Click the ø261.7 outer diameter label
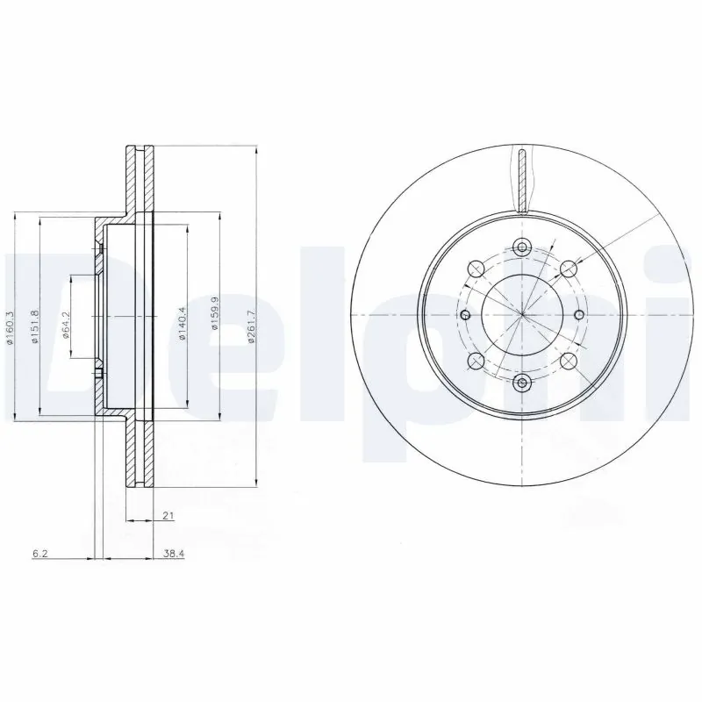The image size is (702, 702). click(x=251, y=327)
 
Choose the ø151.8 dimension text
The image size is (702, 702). click(x=35, y=327)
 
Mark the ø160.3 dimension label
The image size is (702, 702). click(x=11, y=327)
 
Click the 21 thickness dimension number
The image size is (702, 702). click(x=167, y=517)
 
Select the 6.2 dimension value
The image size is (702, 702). click(x=39, y=555)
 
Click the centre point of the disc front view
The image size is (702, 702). click(x=521, y=315)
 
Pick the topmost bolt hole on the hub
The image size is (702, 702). click(x=521, y=247)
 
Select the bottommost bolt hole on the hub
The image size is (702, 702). click(x=521, y=382)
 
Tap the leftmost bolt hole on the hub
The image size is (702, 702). click(x=465, y=315)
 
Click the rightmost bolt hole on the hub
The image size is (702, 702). click(x=578, y=315)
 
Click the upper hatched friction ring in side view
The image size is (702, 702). click(x=137, y=180)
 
